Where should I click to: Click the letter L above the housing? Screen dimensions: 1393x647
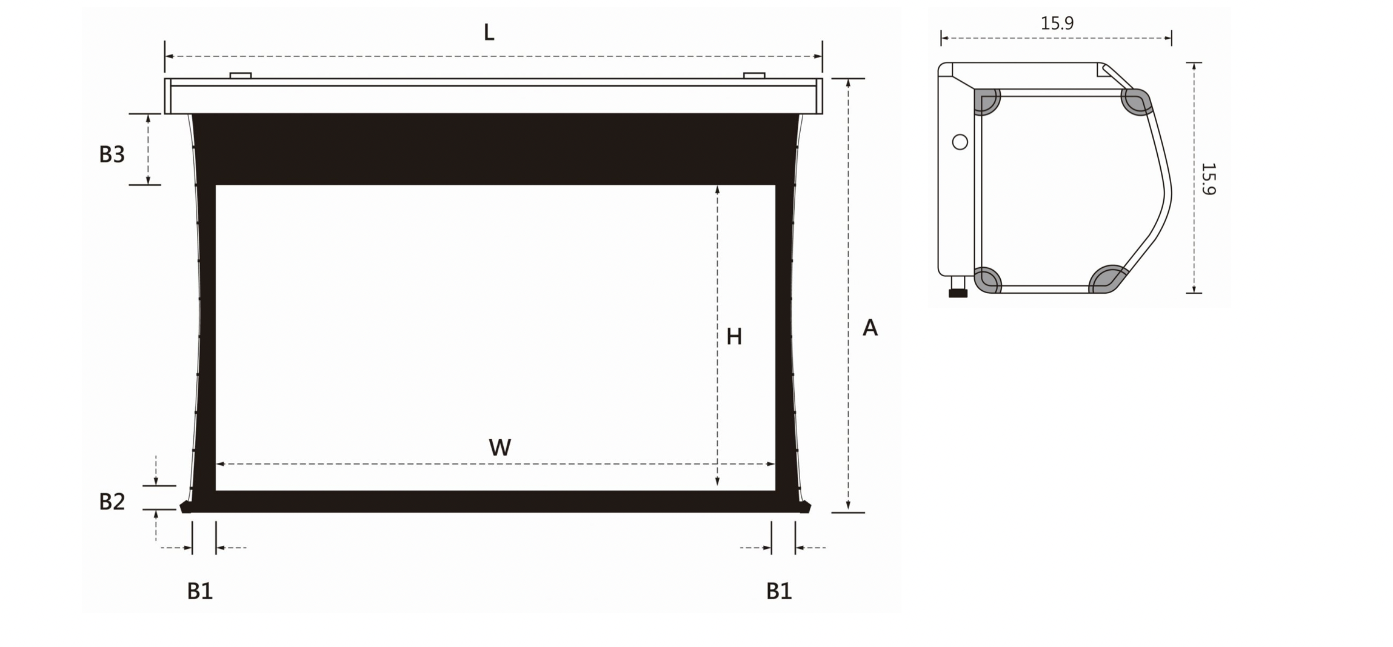click(489, 33)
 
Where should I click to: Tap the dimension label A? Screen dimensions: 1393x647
click(870, 328)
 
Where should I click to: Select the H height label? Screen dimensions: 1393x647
click(734, 337)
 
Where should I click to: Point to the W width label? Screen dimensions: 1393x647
click(500, 448)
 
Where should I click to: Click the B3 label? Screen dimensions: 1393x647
click(112, 154)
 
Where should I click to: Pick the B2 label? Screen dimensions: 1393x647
click(112, 502)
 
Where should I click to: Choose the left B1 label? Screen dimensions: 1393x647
click(199, 591)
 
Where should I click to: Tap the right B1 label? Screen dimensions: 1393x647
click(779, 591)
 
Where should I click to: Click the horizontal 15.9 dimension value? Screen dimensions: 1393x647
click(1057, 23)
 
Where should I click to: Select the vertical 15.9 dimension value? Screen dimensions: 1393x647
click(1208, 179)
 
